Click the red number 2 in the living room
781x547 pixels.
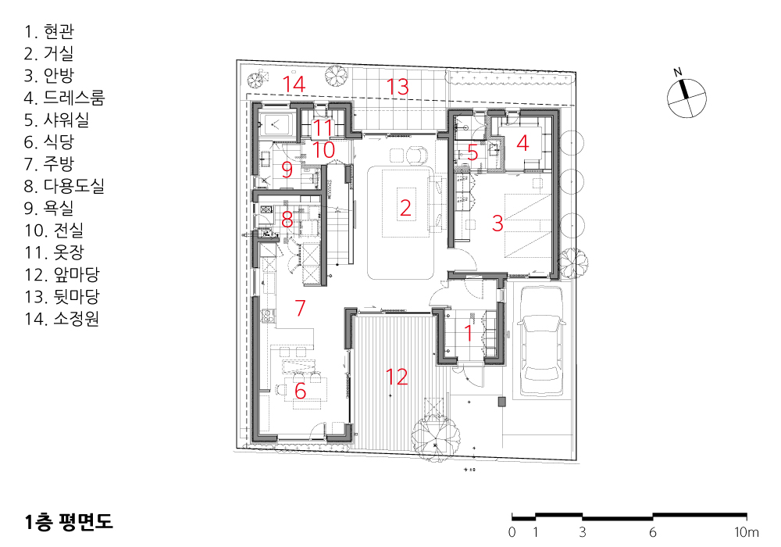[405, 208]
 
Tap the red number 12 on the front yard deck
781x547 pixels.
[397, 377]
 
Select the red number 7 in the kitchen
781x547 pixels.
[300, 307]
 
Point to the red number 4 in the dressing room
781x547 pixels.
[522, 143]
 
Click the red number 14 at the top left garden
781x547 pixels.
[294, 84]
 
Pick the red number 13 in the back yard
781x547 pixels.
[398, 87]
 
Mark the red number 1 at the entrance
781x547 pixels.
[468, 333]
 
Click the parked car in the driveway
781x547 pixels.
[541, 341]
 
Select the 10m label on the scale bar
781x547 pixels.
[747, 533]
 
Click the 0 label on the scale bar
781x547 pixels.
[512, 533]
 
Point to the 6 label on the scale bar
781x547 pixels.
[652, 533]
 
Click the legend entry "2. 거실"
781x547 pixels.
[48, 53]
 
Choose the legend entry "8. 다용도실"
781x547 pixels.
[64, 186]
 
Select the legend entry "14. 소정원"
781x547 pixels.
[62, 318]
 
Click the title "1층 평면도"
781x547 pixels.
[69, 521]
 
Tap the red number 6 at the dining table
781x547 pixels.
[300, 391]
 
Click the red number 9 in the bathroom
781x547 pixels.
[287, 170]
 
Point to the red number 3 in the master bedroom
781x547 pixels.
[497, 223]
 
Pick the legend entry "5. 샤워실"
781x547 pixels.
[57, 120]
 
